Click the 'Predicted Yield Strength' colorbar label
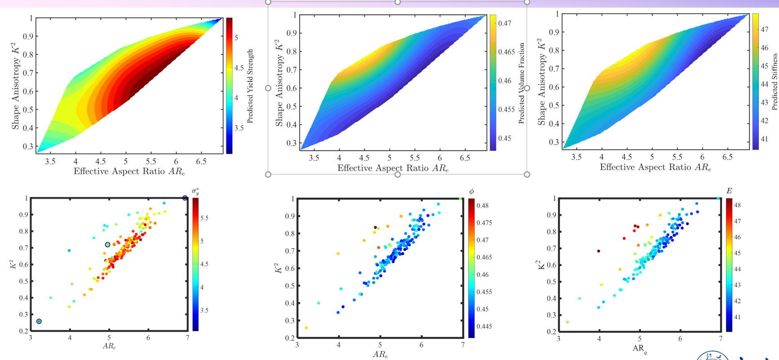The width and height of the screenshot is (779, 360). point(250,86)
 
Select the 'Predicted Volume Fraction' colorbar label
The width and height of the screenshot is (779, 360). point(522,83)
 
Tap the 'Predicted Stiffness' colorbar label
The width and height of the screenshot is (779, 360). point(775,82)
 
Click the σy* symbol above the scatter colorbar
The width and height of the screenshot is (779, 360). point(195,191)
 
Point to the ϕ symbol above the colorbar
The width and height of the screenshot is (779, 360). point(471,191)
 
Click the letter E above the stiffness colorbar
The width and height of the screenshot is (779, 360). point(729,191)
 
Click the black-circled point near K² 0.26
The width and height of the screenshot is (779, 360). point(39,321)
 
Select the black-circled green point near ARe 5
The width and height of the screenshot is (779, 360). point(108,245)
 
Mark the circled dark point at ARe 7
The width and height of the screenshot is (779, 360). point(185,198)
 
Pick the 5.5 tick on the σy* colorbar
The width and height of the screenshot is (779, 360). point(204,218)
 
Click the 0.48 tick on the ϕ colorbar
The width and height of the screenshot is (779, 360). point(482,205)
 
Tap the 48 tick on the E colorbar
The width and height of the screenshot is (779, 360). point(737,205)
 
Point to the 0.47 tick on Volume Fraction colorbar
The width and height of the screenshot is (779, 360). point(505,23)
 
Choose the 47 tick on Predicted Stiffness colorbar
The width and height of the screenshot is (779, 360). point(764,29)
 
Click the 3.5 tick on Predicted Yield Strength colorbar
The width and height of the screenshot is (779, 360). point(239,128)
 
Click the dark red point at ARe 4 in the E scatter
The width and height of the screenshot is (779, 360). point(598,251)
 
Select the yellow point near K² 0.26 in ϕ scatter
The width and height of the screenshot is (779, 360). point(306,328)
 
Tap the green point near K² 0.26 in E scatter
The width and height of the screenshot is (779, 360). point(567,322)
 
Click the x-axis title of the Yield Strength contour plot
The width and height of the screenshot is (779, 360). point(129,171)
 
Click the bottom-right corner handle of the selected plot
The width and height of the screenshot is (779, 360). point(527,174)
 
